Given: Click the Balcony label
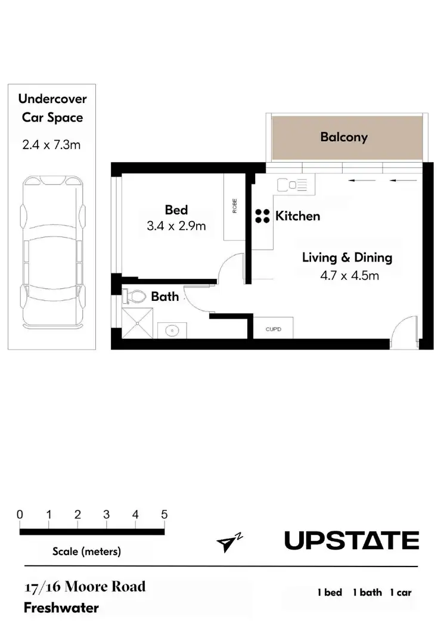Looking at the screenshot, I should point(344,137).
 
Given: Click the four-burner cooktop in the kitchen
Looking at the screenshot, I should point(262,216).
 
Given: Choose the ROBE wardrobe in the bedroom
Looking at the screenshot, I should point(235,207).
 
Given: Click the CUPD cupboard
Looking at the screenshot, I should point(272,329).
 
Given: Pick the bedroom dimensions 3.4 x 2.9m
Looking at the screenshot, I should point(176,226).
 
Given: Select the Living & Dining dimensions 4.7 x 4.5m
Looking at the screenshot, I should point(350,275).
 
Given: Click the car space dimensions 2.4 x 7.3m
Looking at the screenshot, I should point(51,144).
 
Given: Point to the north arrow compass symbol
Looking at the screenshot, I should point(229,542).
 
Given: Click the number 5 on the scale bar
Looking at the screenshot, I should point(164,515).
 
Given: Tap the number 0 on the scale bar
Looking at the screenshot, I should point(20,515).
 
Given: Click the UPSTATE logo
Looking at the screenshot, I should point(352,541).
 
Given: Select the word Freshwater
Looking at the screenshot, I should point(61,608).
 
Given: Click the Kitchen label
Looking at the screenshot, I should point(297,216).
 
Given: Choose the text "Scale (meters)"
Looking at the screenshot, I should point(87,552).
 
